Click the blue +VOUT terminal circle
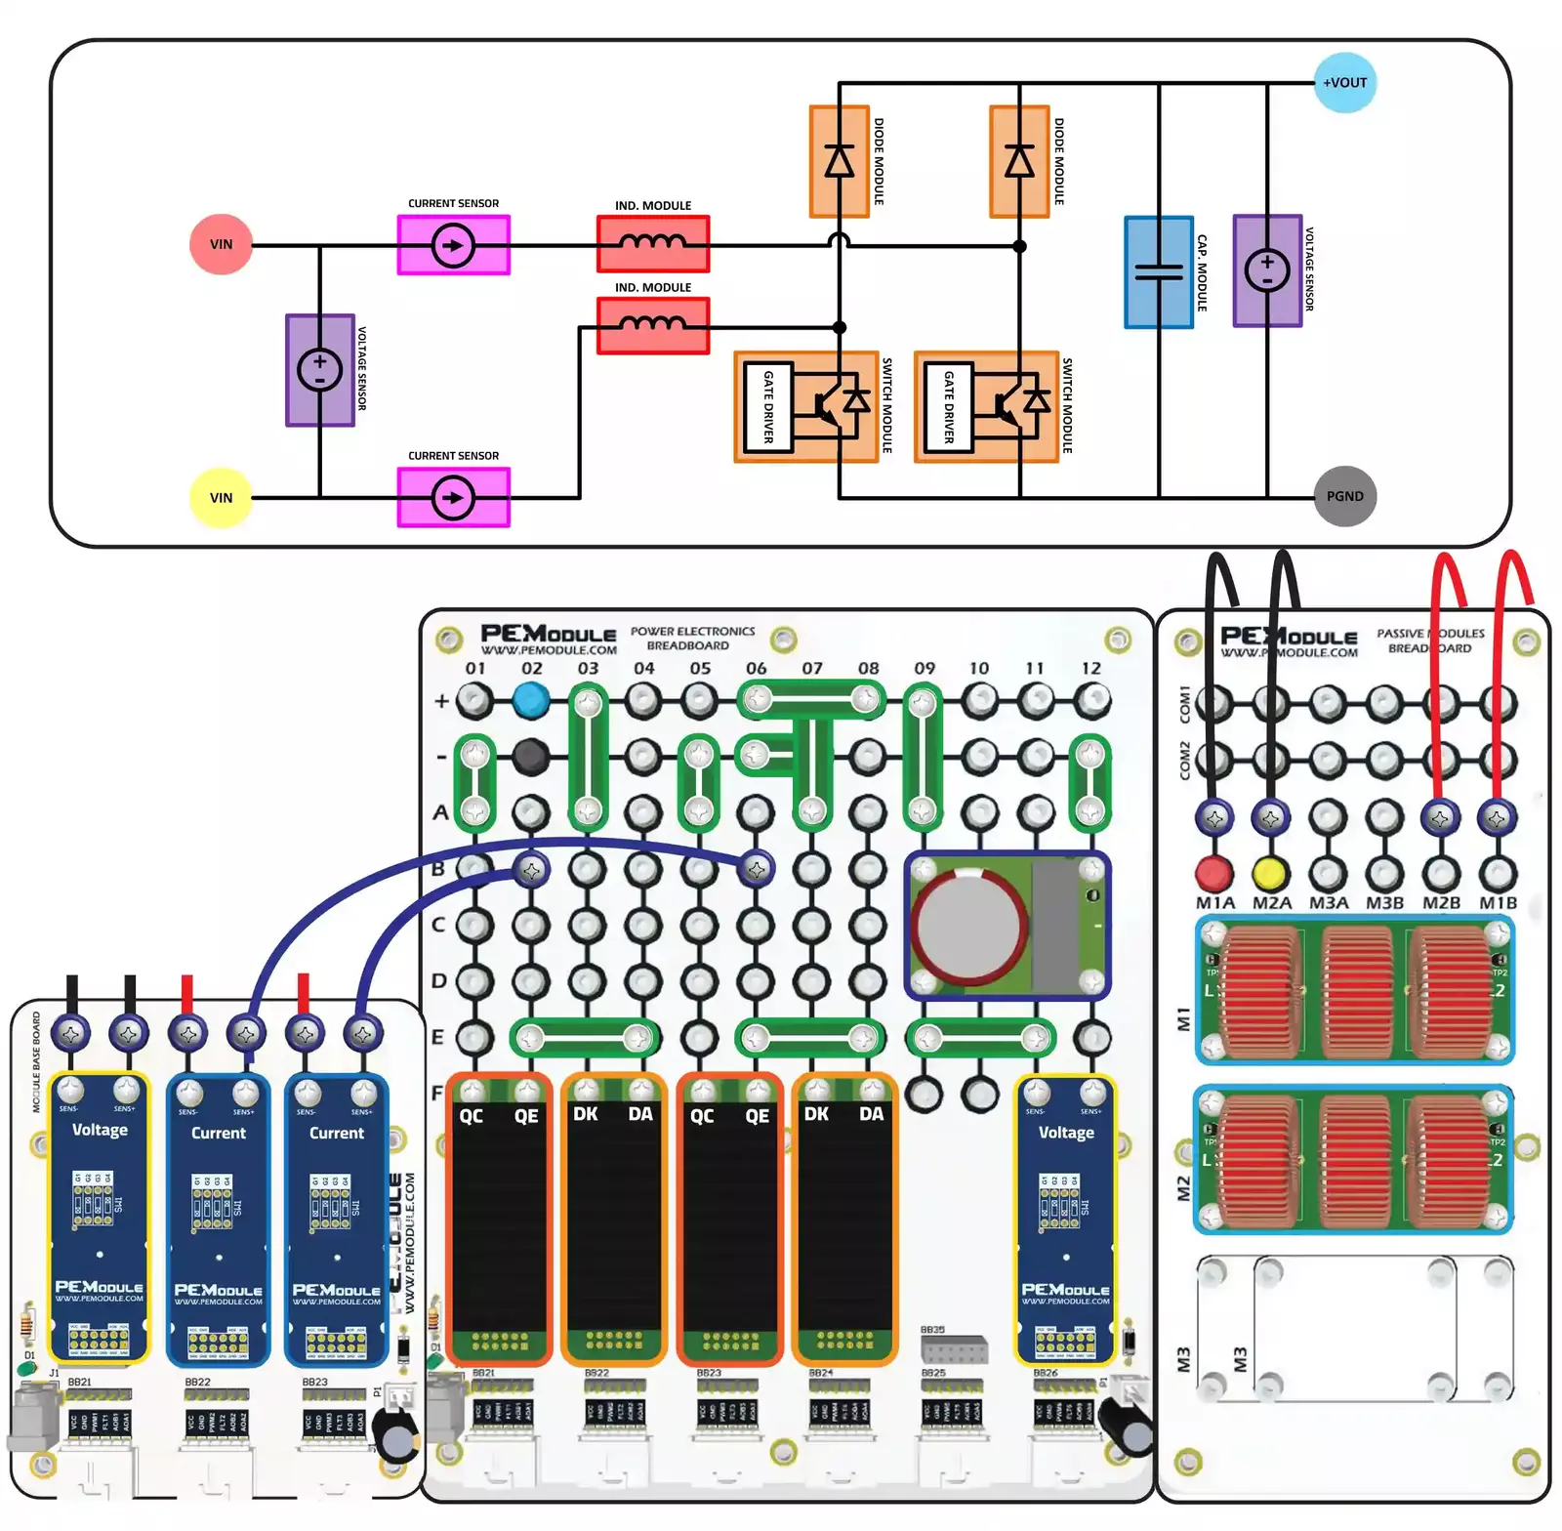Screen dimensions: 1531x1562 (1344, 83)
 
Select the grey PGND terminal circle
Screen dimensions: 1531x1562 (1344, 496)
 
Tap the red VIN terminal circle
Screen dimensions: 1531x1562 (222, 244)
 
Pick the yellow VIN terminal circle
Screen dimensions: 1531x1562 (222, 497)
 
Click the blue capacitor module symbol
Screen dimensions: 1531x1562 (1159, 271)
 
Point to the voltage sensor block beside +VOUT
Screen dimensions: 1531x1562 (1267, 270)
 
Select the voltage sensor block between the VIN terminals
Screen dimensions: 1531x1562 (319, 370)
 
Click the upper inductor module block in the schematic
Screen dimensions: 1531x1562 (653, 243)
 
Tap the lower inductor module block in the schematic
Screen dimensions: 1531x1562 (653, 325)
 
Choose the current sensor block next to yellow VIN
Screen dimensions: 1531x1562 (453, 498)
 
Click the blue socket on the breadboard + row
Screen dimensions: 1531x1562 (531, 699)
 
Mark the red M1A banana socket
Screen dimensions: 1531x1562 (1213, 872)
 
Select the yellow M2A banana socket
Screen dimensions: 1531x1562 (1269, 872)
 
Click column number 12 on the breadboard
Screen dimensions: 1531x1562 (1090, 669)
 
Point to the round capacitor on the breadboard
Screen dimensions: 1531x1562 (968, 925)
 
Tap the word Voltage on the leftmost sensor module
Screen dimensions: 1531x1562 (100, 1130)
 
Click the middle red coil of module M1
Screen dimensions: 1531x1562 (1356, 990)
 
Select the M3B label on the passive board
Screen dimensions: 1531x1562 (1383, 903)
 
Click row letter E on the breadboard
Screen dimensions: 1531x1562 (438, 1036)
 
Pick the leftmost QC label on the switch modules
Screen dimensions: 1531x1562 (472, 1115)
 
